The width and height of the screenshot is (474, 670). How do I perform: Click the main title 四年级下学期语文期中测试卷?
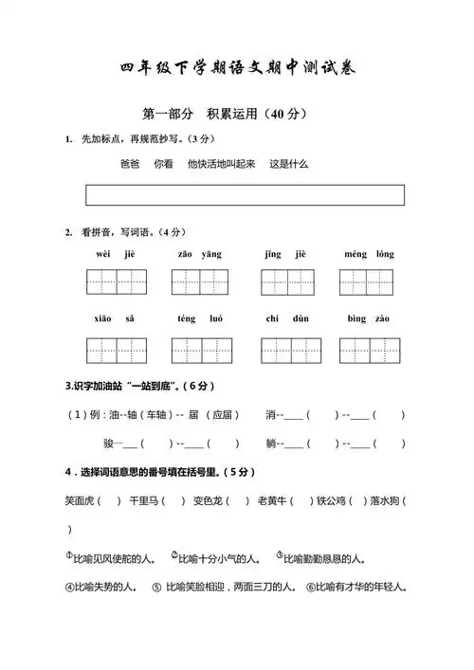238,67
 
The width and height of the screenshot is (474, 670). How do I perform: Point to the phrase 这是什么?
289,164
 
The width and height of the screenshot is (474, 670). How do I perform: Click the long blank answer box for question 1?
245,195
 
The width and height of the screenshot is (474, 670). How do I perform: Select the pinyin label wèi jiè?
117,254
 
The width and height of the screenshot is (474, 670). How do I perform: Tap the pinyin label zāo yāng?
199,254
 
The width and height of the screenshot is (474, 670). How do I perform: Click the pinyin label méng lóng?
370,254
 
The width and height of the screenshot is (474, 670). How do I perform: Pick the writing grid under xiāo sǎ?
118,350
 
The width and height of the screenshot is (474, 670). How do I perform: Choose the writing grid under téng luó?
200,350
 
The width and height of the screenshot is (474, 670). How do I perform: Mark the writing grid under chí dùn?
288,350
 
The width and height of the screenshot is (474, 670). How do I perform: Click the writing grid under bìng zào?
370,350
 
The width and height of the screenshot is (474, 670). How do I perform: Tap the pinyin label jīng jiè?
285,254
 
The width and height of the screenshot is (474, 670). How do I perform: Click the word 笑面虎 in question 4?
81,499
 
